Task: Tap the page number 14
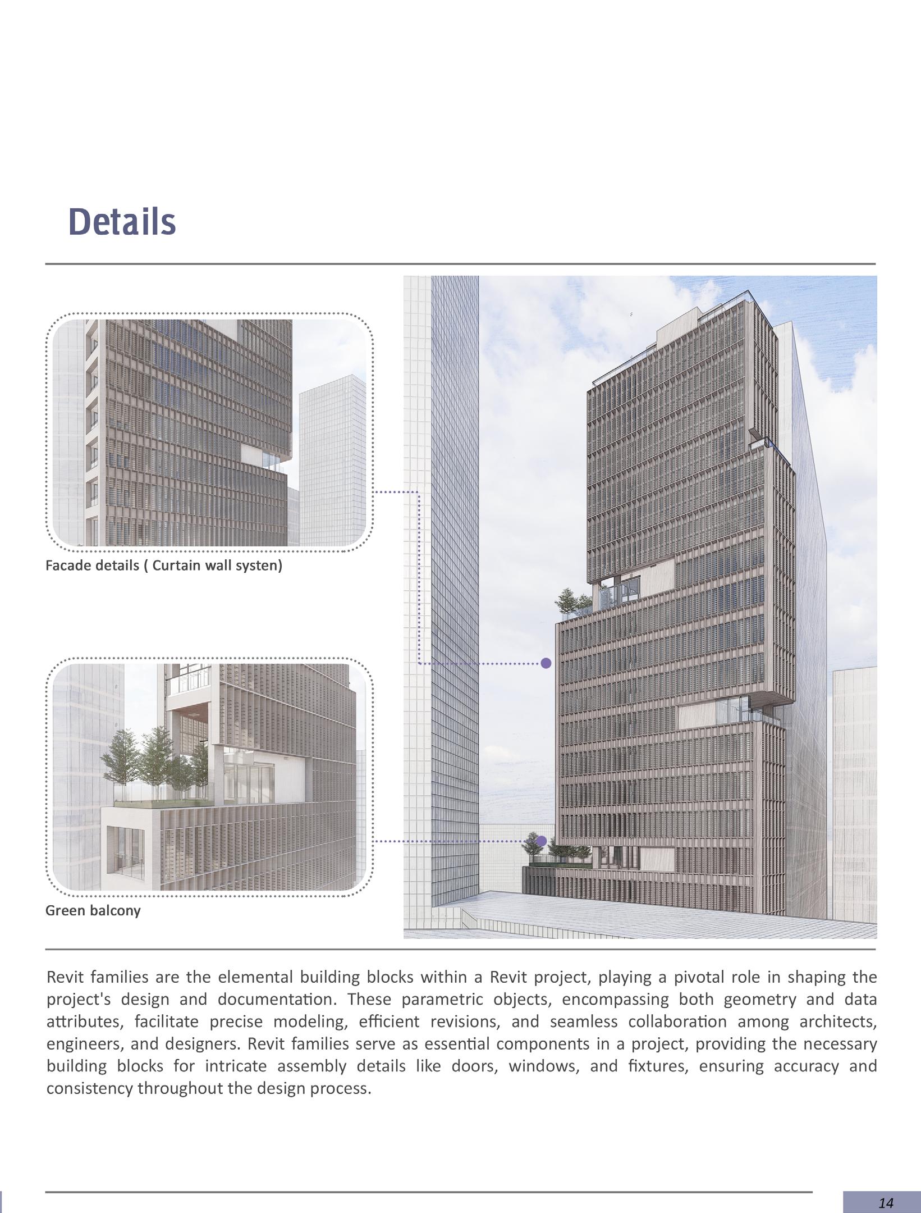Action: (886, 1202)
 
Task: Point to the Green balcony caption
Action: (93, 910)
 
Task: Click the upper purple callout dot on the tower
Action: (546, 663)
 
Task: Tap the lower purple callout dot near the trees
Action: (541, 841)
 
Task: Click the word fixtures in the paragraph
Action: (658, 1065)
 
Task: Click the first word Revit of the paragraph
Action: (66, 977)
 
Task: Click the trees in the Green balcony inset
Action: (152, 758)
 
